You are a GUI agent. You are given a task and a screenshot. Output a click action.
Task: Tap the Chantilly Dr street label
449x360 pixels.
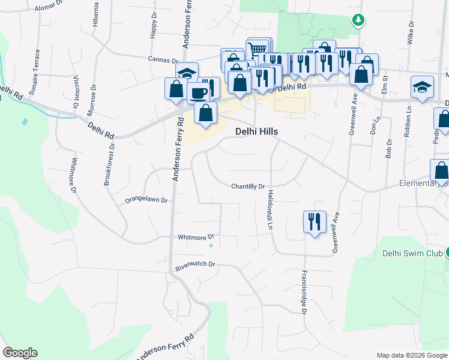(x=249, y=187)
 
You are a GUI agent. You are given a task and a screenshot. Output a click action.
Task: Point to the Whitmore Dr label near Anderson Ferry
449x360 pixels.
(x=196, y=237)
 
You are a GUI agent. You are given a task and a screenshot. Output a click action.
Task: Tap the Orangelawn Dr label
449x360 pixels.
(x=145, y=200)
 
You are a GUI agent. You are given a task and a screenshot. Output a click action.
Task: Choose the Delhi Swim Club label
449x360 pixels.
(x=412, y=253)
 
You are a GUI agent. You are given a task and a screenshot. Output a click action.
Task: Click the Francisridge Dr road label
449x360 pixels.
(x=304, y=291)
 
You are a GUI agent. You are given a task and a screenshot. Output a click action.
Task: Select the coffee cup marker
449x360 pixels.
(x=198, y=92)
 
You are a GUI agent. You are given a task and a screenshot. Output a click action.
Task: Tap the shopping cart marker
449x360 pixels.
(x=258, y=49)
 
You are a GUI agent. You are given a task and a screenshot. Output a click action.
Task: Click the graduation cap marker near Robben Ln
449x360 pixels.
(x=422, y=87)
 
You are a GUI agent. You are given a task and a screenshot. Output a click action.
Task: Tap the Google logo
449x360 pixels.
(x=20, y=353)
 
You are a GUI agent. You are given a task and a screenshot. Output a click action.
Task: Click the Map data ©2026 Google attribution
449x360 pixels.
(x=411, y=355)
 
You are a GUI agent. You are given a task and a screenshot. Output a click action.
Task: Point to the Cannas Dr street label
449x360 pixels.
(x=164, y=60)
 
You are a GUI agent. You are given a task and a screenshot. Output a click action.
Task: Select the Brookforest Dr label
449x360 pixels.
(x=109, y=163)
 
